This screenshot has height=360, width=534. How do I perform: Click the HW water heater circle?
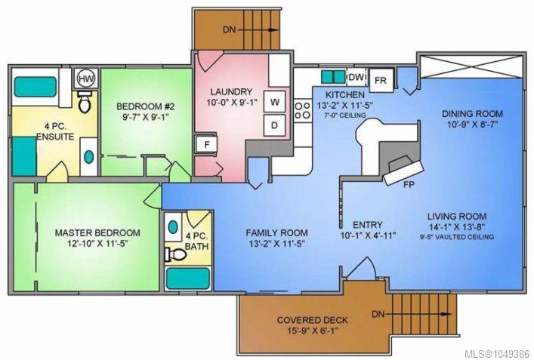[x=86, y=79]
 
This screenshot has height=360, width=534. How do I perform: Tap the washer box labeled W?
[x=274, y=101]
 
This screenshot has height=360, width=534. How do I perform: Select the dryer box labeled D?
[x=274, y=125]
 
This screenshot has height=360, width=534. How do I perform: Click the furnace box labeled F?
[x=206, y=145]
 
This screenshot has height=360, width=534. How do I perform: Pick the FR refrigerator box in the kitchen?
[x=381, y=80]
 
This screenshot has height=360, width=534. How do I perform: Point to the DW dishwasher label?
[x=357, y=77]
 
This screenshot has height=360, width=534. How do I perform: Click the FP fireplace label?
[x=409, y=185]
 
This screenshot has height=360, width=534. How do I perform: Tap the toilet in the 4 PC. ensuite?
[x=85, y=102]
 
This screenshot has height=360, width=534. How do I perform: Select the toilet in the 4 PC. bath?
[x=175, y=254]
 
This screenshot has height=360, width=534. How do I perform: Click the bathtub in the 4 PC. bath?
[x=187, y=278]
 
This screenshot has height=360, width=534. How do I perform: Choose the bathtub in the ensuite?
[x=35, y=87]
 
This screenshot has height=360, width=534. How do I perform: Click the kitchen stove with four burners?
[x=302, y=111]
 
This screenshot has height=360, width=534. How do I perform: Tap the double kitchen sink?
[x=333, y=77]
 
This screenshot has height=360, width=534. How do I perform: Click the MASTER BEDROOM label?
[x=97, y=233]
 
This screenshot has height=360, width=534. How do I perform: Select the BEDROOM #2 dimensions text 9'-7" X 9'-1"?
[x=146, y=117]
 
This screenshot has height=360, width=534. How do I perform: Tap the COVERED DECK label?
[x=312, y=320]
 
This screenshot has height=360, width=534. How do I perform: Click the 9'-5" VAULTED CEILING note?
[x=457, y=237]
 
